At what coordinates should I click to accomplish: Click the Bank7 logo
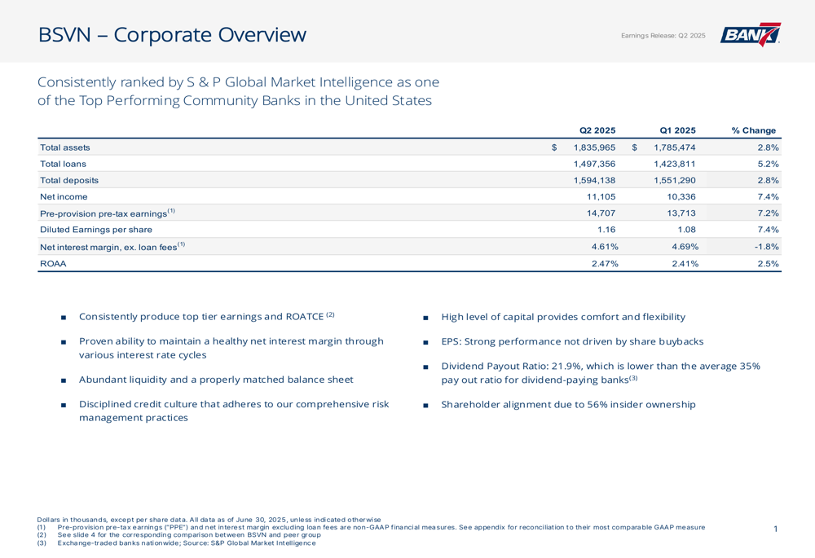750,34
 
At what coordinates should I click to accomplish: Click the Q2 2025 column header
597,130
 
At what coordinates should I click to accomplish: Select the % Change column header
754,130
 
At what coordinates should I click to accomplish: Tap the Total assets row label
65,147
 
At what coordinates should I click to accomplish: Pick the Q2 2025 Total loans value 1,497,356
595,164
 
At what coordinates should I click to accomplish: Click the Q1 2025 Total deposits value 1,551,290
675,180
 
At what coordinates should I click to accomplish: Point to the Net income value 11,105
601,196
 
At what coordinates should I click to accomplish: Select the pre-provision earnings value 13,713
681,213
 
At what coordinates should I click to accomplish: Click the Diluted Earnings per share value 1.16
606,229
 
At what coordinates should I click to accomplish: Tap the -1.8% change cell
767,246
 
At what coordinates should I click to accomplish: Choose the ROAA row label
53,263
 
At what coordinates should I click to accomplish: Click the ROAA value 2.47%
605,263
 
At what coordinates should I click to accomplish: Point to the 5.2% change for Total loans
769,164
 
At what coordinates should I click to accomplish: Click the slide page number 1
776,529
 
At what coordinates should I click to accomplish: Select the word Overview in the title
262,35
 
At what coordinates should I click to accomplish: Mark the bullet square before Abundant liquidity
64,380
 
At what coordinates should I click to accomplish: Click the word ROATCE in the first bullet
305,316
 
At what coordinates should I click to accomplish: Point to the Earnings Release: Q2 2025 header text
663,35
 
